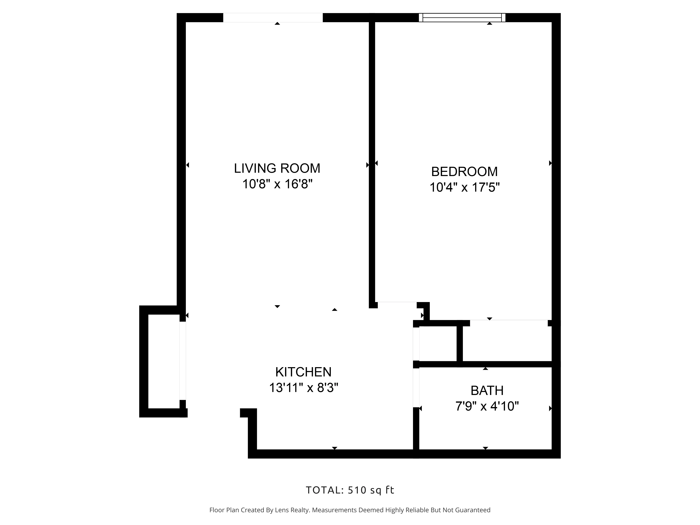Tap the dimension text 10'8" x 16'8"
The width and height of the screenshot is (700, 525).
point(277,184)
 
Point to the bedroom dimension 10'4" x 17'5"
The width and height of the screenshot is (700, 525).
point(464,187)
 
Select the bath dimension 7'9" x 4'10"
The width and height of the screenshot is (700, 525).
point(487,406)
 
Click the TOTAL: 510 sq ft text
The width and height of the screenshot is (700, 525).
point(350,490)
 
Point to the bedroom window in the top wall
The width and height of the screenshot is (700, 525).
point(462,18)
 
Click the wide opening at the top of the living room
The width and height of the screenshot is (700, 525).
point(273,18)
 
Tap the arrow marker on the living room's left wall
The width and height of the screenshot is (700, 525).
point(187,165)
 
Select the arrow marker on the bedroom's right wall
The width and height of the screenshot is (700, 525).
point(550,163)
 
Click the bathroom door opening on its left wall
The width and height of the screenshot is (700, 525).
point(416,387)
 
